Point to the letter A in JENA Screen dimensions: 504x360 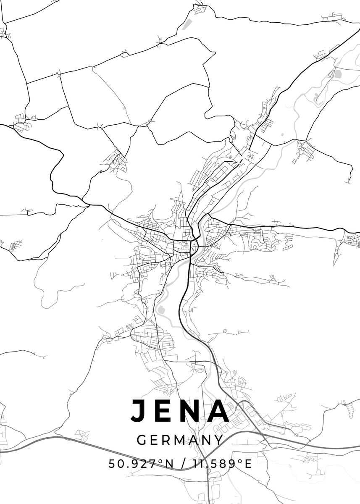pyautogui.click(x=219, y=410)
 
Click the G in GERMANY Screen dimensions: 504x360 pyautogui.click(x=142, y=440)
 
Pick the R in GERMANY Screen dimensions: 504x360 pyautogui.click(x=167, y=440)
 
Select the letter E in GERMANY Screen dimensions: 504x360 pyautogui.click(x=155, y=440)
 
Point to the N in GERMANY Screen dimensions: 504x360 pyautogui.click(x=207, y=440)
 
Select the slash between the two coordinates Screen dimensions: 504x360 pyautogui.click(x=183, y=464)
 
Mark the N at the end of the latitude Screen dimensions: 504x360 pyautogui.click(x=168, y=464)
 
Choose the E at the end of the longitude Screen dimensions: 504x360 pyautogui.click(x=248, y=464)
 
